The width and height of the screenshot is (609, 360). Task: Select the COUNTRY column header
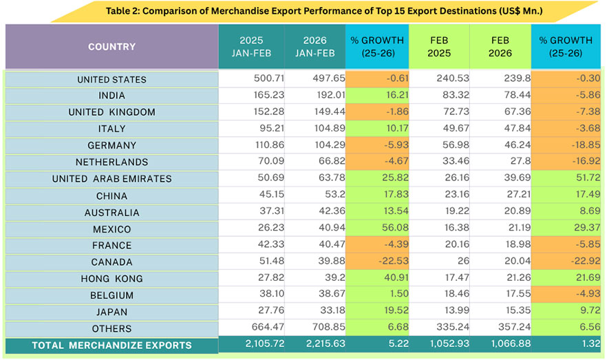point(111,47)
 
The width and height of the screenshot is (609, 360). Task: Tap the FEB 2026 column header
point(500,47)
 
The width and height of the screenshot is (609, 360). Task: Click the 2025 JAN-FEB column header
point(251,47)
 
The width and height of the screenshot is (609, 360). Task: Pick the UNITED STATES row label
point(111,79)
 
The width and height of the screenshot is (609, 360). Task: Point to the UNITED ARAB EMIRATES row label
point(111,179)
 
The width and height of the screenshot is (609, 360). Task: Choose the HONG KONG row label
point(111,279)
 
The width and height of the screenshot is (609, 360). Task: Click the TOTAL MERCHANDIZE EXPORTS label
point(111,345)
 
